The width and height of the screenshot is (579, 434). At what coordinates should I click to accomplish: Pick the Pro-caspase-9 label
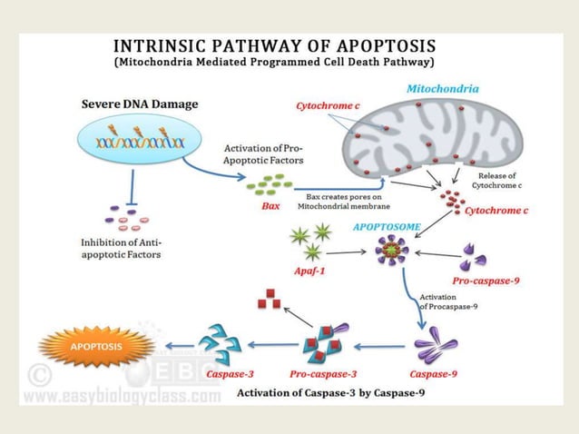(486, 281)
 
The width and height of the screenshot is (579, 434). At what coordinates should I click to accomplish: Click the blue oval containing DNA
(133, 142)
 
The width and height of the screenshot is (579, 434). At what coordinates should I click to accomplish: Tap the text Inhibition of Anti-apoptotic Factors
(132, 248)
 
